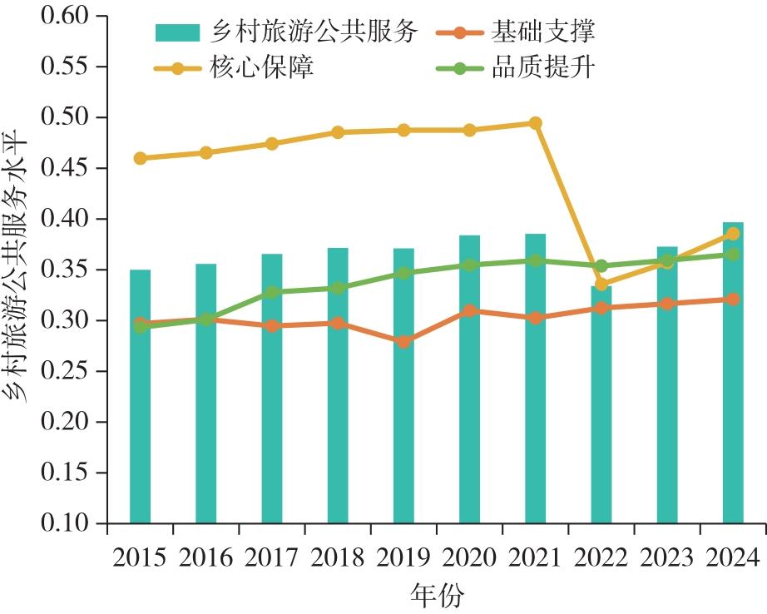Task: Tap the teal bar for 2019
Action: click(403, 386)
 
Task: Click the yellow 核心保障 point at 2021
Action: click(536, 123)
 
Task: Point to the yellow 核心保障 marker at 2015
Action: click(140, 158)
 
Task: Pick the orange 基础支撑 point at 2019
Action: click(403, 342)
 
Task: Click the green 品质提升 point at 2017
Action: click(272, 292)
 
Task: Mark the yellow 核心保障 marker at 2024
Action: click(733, 234)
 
